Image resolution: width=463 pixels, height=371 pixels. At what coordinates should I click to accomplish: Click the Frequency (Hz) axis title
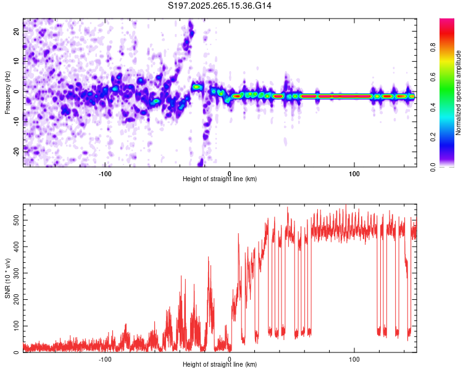[x=7, y=92]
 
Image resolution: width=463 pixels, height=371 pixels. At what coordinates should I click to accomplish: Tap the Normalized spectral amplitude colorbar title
[x=459, y=93]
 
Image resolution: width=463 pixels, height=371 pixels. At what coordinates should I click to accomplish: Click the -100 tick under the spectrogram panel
[x=105, y=173]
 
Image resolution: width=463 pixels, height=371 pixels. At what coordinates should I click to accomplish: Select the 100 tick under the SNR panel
[x=354, y=359]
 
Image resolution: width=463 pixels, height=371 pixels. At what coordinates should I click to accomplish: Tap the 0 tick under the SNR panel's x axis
[x=230, y=359]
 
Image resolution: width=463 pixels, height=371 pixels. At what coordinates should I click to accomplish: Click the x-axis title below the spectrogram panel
[x=220, y=179]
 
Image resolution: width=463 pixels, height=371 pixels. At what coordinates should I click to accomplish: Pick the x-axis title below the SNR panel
[x=220, y=365]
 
